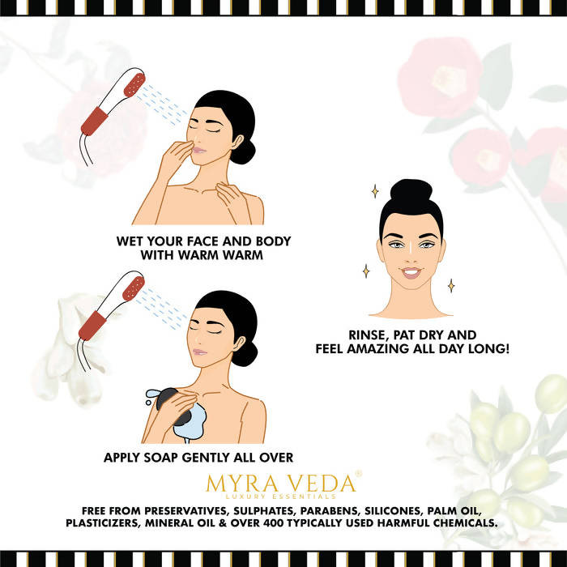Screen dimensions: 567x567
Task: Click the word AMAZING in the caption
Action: tap(380, 349)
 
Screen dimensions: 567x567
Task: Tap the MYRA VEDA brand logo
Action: tap(281, 483)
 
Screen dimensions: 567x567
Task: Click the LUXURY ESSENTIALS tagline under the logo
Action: tap(280, 496)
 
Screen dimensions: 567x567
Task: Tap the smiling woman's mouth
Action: tap(411, 273)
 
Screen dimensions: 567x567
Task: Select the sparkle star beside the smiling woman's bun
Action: tap(375, 191)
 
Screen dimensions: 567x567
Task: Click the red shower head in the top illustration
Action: tap(134, 84)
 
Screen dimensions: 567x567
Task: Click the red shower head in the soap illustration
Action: tap(134, 288)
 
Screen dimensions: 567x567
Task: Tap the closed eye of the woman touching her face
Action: tap(212, 130)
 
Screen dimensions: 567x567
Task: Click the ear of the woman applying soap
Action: tap(238, 344)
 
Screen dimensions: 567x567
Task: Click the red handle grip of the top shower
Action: tap(95, 122)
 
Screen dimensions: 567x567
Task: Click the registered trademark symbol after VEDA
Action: tap(358, 473)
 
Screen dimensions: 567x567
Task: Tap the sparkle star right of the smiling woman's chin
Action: tap(451, 286)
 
